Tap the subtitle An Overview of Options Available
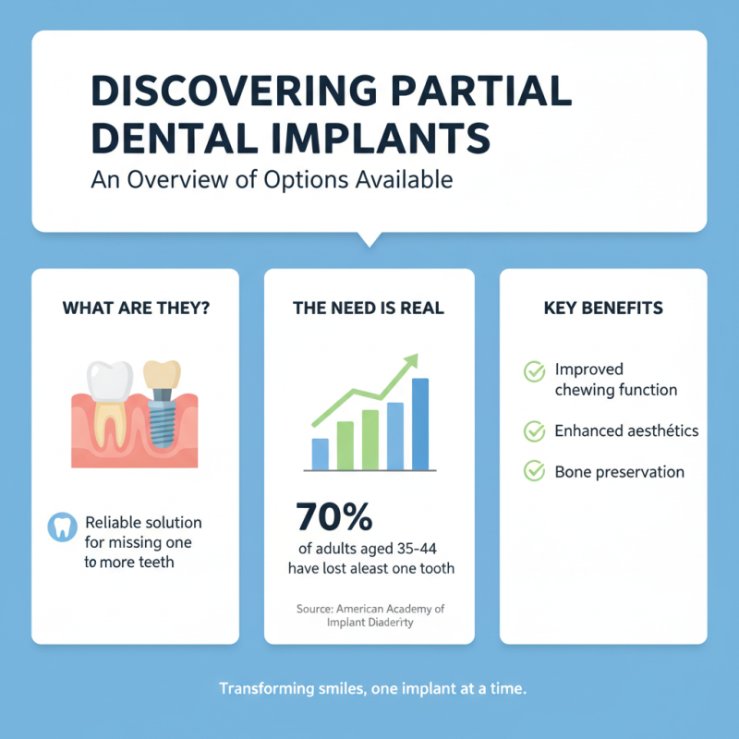[272, 178]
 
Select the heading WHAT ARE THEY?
[136, 308]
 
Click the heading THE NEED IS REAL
[369, 308]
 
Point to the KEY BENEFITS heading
[603, 308]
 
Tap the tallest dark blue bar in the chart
[420, 424]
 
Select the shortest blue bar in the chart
[321, 454]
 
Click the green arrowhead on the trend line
[408, 362]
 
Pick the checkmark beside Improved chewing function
[534, 371]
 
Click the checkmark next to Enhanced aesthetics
[534, 430]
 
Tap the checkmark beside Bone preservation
[534, 471]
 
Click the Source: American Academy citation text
[369, 615]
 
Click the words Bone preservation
[619, 472]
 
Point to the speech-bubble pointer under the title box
[369, 238]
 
